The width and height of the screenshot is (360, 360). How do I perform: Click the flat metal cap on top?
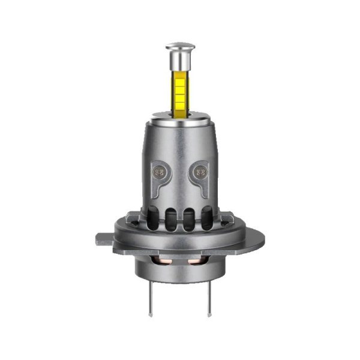pyautogui.click(x=180, y=45)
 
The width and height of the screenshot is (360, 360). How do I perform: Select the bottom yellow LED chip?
pyautogui.click(x=180, y=103)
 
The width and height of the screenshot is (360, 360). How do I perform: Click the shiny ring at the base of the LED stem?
pyautogui.click(x=180, y=116)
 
